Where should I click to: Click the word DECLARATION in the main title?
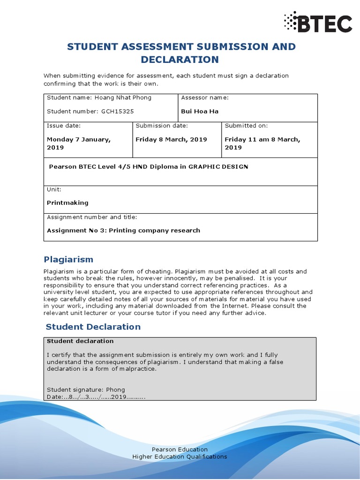180,60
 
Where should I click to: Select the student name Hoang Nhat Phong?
123,97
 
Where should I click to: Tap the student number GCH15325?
118,111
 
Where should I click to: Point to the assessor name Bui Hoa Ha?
200,111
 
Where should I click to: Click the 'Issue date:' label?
64,126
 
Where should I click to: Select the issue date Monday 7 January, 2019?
78,143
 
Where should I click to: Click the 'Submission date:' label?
162,126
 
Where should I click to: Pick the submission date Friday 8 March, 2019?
171,139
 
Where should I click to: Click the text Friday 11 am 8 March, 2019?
262,143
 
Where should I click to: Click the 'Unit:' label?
54,189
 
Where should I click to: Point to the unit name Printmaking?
67,203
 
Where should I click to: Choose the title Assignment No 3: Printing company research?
123,230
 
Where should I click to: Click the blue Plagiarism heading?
68,259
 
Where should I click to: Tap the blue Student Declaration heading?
93,327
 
